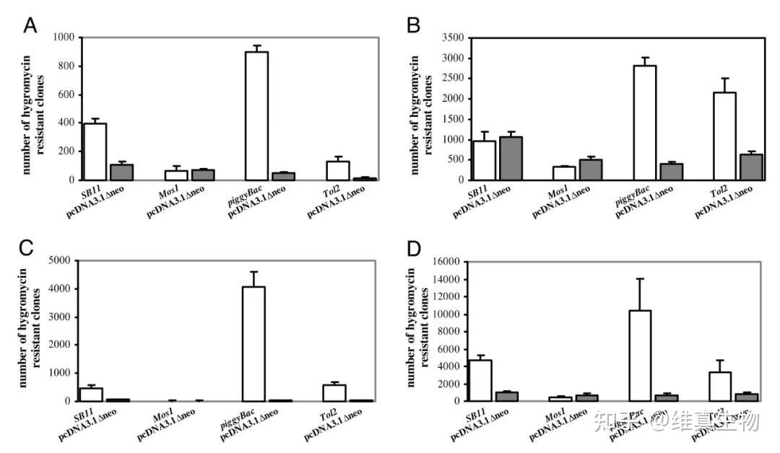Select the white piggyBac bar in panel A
coord(256,115)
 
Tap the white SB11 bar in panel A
coord(95,151)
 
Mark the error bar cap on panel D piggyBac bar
coord(640,278)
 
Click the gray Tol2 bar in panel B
coord(750,167)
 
